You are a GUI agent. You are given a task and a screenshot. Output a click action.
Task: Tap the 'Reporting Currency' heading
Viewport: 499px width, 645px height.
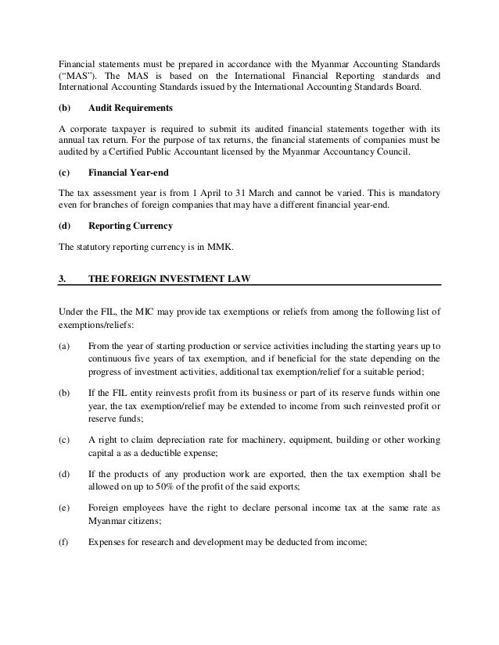(131, 226)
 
